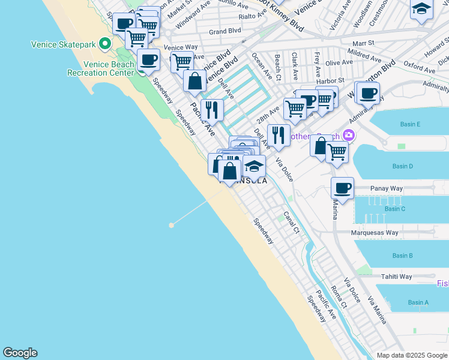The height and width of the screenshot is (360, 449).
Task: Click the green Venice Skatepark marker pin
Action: pyautogui.click(x=105, y=44)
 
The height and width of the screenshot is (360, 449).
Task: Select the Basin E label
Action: pyautogui.click(x=411, y=124)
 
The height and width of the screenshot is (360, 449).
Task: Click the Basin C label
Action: pyautogui.click(x=395, y=209)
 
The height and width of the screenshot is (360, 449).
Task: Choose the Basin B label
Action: pyautogui.click(x=402, y=256)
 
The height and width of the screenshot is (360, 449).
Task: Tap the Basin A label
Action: pyautogui.click(x=418, y=302)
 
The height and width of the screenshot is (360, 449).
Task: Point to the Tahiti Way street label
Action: pyautogui.click(x=396, y=277)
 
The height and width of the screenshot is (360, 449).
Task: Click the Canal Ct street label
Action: pyautogui.click(x=291, y=222)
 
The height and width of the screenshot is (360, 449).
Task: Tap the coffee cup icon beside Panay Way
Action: pyautogui.click(x=342, y=188)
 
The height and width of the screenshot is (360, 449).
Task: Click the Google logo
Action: pyautogui.click(x=20, y=353)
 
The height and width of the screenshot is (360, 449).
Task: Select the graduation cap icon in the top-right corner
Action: pyautogui.click(x=422, y=9)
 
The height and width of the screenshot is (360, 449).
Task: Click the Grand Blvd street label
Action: pyautogui.click(x=225, y=31)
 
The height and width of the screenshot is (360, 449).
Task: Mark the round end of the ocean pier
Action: pyautogui.click(x=172, y=225)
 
